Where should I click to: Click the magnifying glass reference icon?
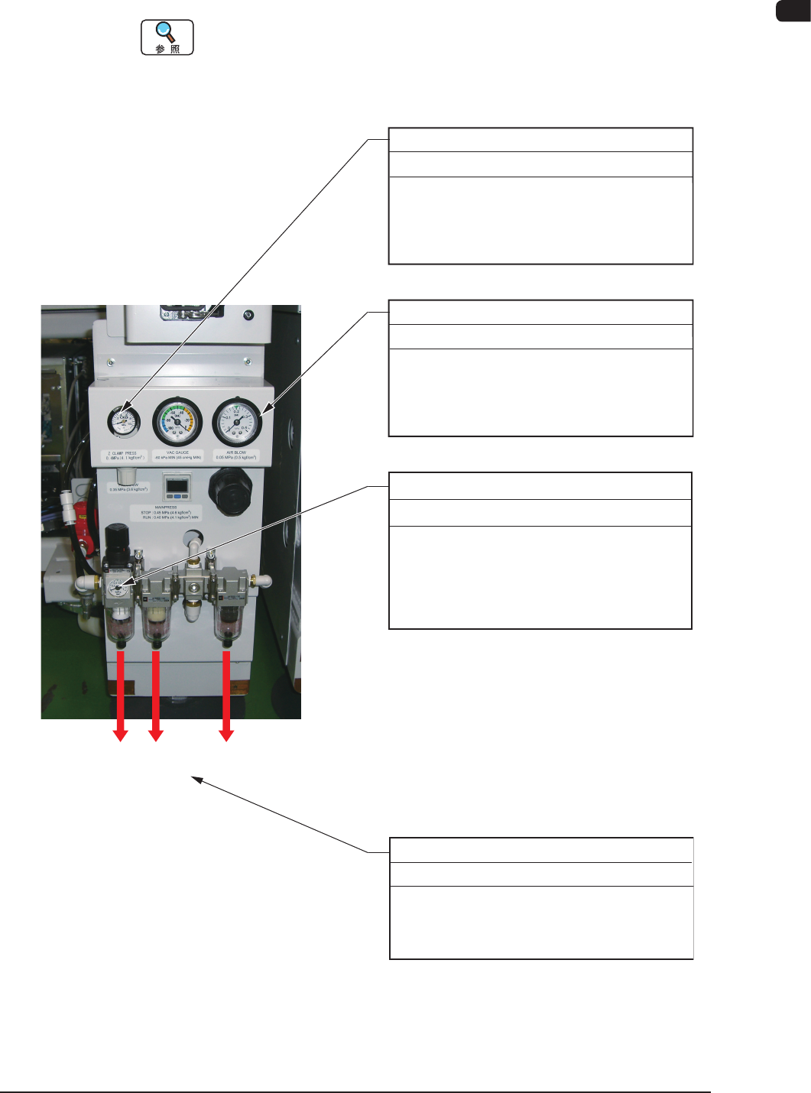pyautogui.click(x=167, y=37)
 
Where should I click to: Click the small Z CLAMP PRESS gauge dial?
pyautogui.click(x=124, y=422)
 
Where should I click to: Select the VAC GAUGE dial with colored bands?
pyautogui.click(x=177, y=421)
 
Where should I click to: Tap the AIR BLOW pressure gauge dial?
pyautogui.click(x=236, y=421)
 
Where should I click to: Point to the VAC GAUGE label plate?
pyautogui.click(x=177, y=456)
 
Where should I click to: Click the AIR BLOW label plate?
pyautogui.click(x=235, y=456)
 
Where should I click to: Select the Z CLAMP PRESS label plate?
pyautogui.click(x=125, y=456)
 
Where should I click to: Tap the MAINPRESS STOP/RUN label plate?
pyautogui.click(x=166, y=512)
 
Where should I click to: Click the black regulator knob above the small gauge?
pyautogui.click(x=117, y=540)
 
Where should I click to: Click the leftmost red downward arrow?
pyautogui.click(x=120, y=696)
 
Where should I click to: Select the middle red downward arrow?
pyautogui.click(x=156, y=696)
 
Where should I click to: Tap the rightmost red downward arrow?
pyautogui.click(x=226, y=696)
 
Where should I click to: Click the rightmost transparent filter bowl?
pyautogui.click(x=226, y=623)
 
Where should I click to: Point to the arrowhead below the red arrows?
pyautogui.click(x=196, y=780)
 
